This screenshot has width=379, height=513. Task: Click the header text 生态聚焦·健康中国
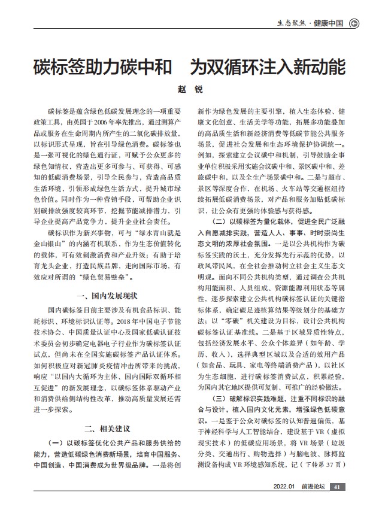pos(310,23)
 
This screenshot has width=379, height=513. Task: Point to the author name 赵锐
pos(190,89)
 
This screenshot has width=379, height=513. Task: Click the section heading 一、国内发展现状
pos(108,295)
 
